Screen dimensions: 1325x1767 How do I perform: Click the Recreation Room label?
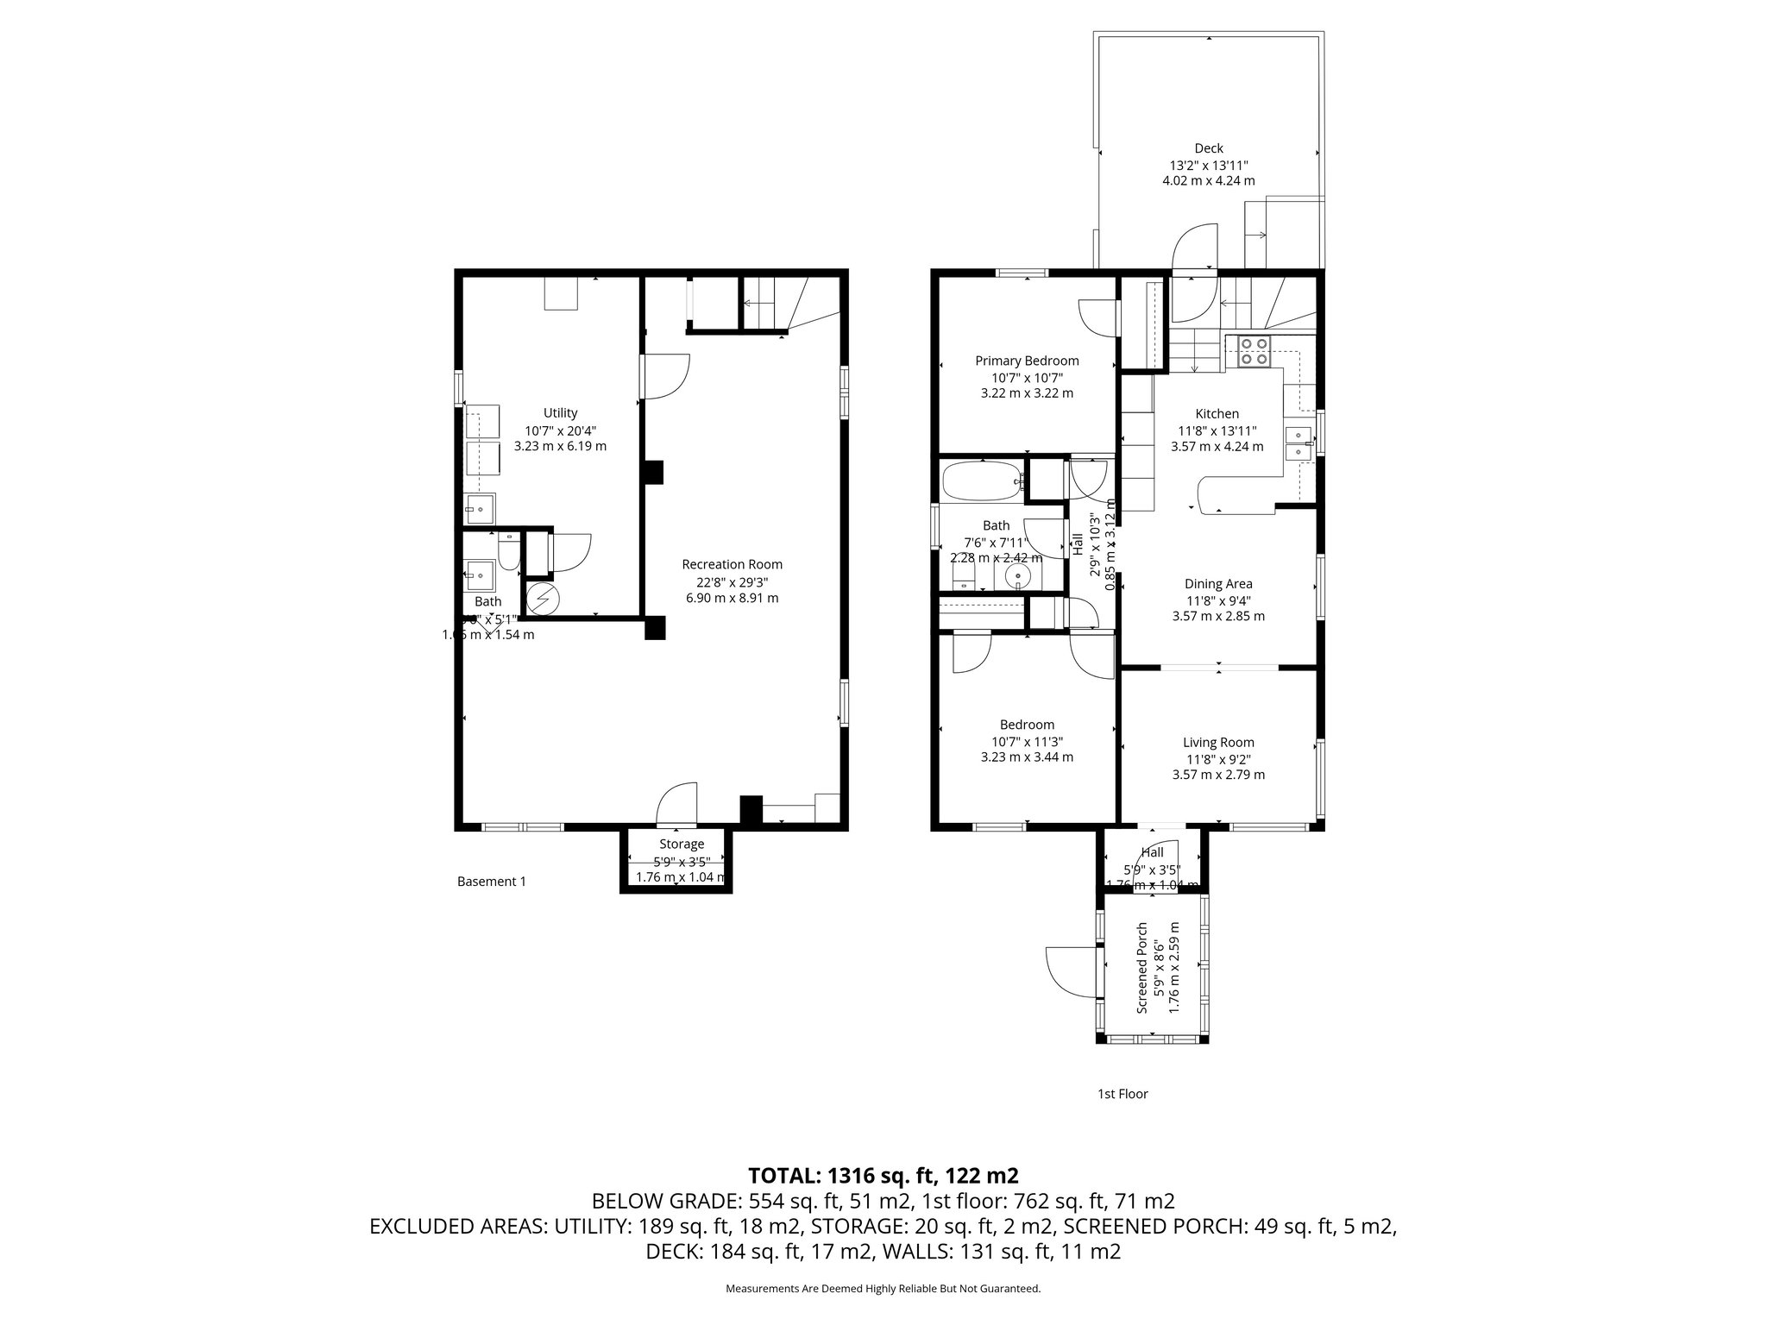tap(732, 564)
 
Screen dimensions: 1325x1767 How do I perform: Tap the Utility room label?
tap(560, 413)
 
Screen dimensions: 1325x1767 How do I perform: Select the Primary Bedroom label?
tap(1027, 361)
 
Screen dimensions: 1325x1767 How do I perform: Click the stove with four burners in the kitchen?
tap(1255, 351)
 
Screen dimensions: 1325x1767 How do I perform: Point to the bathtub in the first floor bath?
tap(982, 482)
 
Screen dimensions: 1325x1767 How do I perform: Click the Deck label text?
tap(1208, 148)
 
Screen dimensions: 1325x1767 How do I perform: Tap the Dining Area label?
tap(1218, 584)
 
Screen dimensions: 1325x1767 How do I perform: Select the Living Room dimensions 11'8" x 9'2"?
tap(1218, 759)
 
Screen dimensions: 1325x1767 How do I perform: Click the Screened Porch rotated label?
tap(1142, 968)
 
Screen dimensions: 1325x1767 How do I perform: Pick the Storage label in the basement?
tap(682, 844)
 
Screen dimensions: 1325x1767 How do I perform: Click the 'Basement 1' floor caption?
tap(491, 882)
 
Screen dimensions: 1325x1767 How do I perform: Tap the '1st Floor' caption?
tap(1122, 1094)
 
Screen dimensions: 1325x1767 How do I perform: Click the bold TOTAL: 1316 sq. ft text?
tap(883, 1175)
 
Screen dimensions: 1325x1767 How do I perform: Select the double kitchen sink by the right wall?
tap(1297, 443)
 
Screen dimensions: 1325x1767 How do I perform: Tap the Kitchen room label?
tap(1217, 414)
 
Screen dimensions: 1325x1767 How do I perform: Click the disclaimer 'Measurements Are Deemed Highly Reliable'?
tap(883, 1289)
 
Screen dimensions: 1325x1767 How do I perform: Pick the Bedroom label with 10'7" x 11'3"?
tap(1027, 725)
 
